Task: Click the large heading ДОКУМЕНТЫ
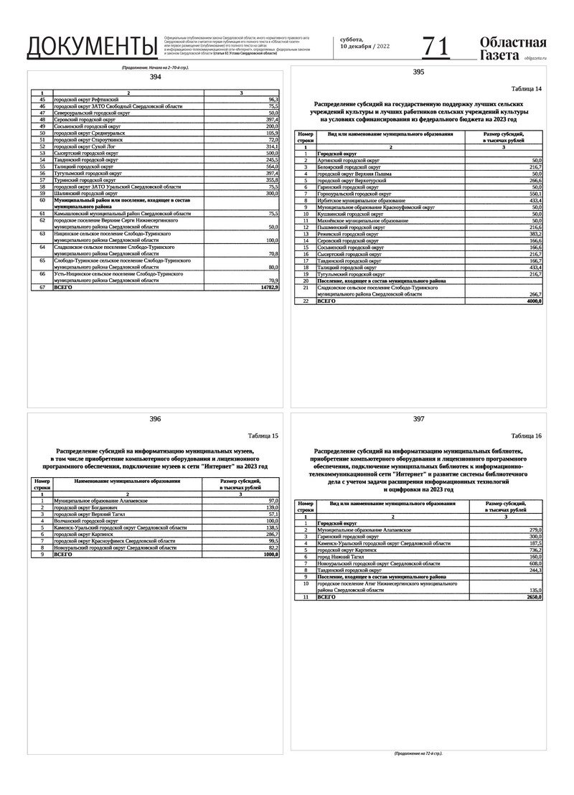point(91,46)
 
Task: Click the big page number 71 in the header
point(436,46)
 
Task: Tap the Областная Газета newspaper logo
point(512,47)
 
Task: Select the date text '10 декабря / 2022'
point(365,47)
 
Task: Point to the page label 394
point(155,77)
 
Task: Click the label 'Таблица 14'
point(526,88)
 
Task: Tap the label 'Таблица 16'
point(526,436)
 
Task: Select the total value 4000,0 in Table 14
point(533,301)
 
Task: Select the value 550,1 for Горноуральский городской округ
point(533,194)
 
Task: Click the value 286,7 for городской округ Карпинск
point(270,535)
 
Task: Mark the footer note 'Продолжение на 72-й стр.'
point(418,754)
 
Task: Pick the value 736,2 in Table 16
point(533,550)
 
